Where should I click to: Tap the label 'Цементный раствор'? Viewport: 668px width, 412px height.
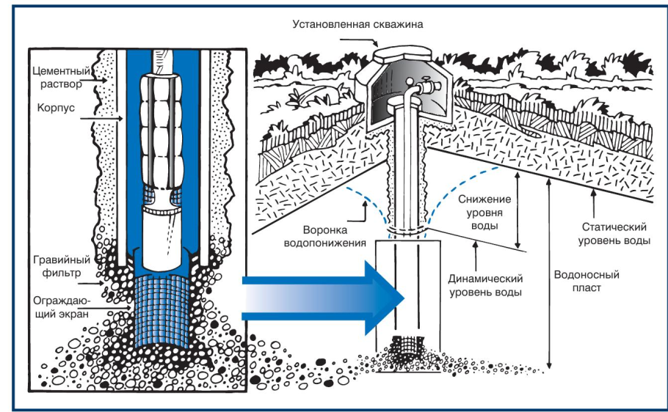(x=62, y=78)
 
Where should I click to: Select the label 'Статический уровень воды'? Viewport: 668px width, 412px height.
(x=614, y=233)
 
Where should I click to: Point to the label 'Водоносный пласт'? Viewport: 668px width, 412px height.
(x=587, y=282)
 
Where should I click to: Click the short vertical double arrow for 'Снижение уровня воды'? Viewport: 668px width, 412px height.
(x=518, y=209)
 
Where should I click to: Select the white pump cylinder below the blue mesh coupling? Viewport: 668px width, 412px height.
(x=166, y=238)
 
